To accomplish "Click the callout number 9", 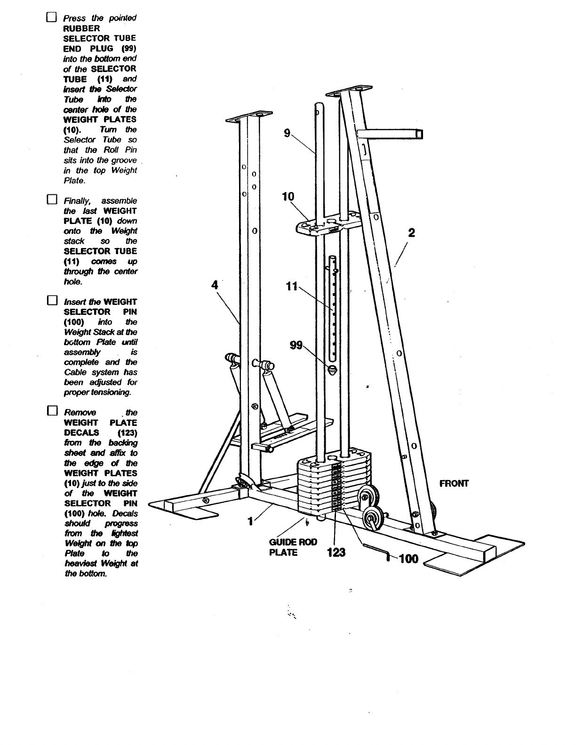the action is [287, 133].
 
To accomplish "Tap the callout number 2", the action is [411, 233].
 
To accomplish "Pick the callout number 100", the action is [408, 560].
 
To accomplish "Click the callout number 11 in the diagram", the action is [291, 285].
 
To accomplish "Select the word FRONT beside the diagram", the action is [454, 484].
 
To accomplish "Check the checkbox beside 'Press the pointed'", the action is [51, 18].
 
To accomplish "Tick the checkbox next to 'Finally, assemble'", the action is [51, 199].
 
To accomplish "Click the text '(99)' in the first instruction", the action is [128, 48].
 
